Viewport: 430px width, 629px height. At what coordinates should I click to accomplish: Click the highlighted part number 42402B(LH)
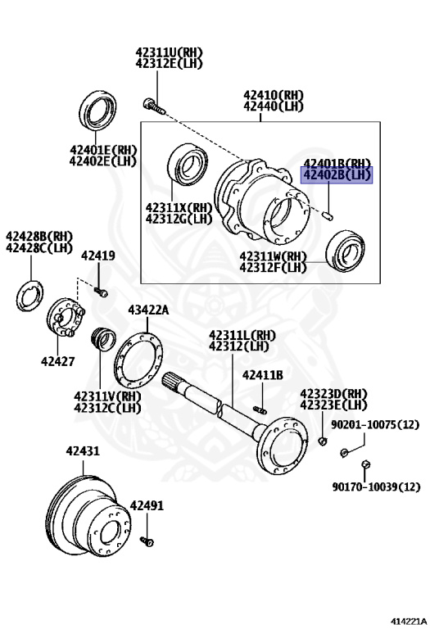[337, 175]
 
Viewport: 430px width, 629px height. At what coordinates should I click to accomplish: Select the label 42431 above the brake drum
[83, 451]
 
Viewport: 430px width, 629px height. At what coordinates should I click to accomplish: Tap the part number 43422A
[148, 310]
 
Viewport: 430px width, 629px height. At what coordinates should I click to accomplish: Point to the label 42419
[97, 256]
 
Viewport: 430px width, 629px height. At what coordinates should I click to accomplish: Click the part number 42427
[58, 361]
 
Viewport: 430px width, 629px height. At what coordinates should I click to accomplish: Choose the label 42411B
[263, 375]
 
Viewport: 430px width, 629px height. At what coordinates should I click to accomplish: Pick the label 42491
[147, 505]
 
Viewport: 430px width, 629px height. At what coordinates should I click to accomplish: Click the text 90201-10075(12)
[375, 424]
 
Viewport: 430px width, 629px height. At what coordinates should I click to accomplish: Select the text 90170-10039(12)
[376, 486]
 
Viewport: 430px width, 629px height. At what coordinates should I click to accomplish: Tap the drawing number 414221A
[409, 622]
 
